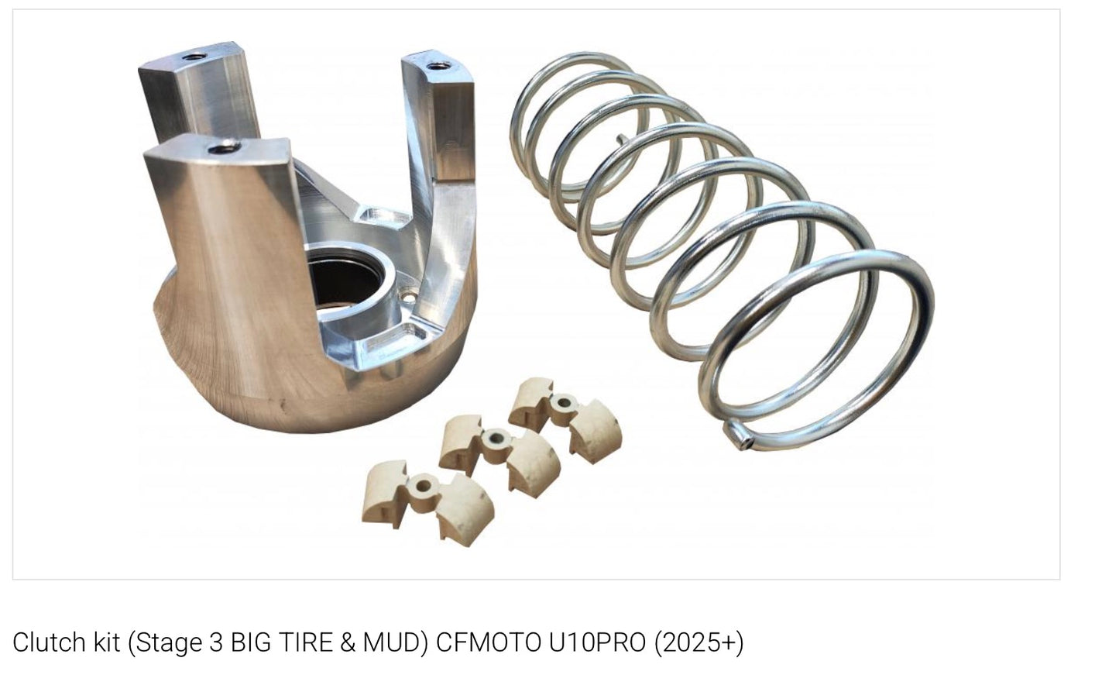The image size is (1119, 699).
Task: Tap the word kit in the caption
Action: (101, 642)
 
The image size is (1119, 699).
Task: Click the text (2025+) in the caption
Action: (699, 642)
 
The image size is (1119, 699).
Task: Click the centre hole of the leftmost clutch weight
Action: (422, 486)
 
